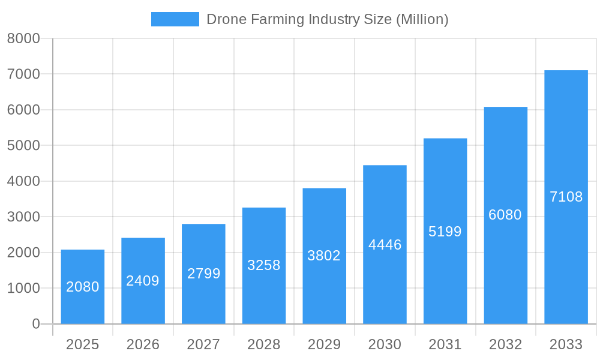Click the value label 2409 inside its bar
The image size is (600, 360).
click(x=143, y=281)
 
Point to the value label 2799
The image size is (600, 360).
click(x=203, y=274)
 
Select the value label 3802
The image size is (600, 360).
click(x=324, y=256)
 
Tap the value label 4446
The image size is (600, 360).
click(x=385, y=245)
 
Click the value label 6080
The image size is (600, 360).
click(x=505, y=215)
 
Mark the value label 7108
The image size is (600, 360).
click(x=566, y=197)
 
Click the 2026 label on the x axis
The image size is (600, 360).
click(x=143, y=344)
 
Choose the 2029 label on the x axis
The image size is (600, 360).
click(x=324, y=344)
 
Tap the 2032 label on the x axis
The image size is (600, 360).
click(x=505, y=344)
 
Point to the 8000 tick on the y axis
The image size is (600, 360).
click(x=23, y=38)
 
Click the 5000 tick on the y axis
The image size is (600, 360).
click(x=23, y=146)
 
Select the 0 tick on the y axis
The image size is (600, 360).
click(x=35, y=324)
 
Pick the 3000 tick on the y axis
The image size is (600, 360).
click(x=23, y=217)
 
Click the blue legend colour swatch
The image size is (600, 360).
click(x=175, y=19)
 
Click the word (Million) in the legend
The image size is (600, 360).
click(x=422, y=19)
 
